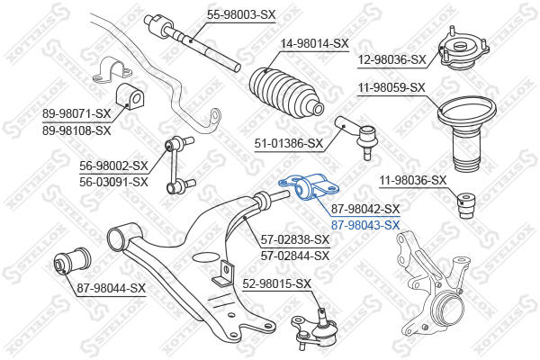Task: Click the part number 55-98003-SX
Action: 241,14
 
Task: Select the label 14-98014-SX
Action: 315,44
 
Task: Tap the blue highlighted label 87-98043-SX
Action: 365,225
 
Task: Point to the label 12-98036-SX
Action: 391,59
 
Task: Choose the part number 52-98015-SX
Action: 277,283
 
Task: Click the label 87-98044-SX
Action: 112,288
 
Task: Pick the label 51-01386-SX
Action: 289,143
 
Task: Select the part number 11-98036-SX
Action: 413,180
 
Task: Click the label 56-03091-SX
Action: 113,182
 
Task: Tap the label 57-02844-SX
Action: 295,256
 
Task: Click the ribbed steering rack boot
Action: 286,90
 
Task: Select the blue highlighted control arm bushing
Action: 309,186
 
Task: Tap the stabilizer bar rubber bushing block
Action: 129,97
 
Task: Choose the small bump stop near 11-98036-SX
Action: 466,203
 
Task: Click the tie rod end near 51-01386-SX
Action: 358,137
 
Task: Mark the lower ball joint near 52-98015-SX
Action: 312,328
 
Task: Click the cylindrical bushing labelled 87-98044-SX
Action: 74,260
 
